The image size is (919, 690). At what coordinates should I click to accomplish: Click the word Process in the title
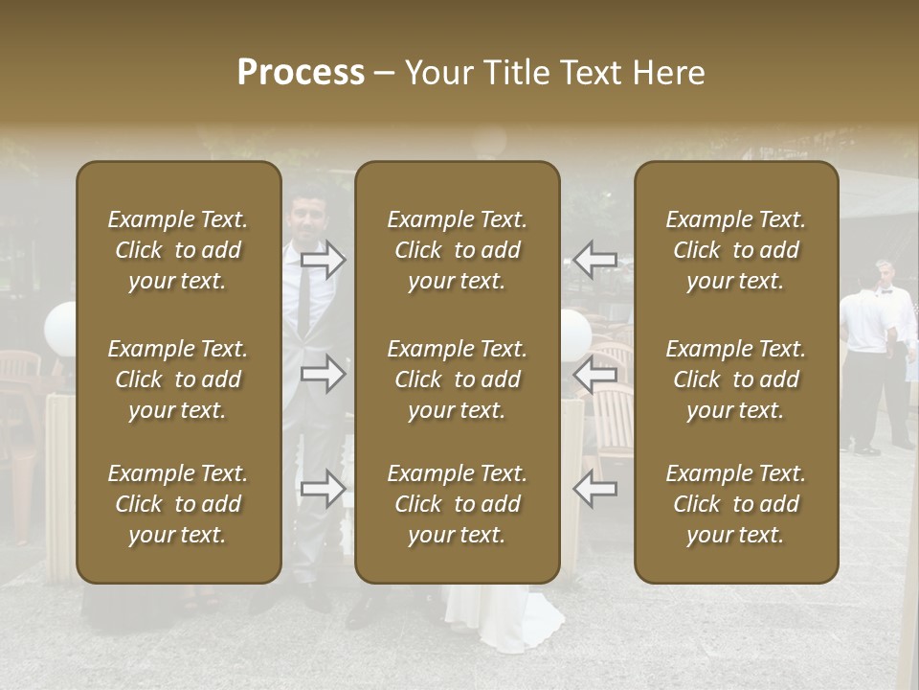tap(301, 73)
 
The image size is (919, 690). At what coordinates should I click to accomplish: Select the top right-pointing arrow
tap(324, 259)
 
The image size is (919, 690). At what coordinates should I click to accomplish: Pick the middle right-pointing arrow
tap(324, 374)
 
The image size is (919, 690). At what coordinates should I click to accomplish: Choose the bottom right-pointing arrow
tap(324, 489)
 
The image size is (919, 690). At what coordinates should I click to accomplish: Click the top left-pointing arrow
tap(594, 259)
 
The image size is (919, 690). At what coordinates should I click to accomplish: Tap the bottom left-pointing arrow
tap(594, 489)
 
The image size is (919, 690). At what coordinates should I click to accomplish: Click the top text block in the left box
tap(178, 250)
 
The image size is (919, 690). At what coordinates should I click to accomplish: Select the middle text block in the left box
tap(178, 379)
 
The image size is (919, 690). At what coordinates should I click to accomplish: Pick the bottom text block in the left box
tap(178, 504)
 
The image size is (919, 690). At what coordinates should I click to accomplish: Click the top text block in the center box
tap(457, 250)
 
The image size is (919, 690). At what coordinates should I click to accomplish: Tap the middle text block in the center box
tap(457, 379)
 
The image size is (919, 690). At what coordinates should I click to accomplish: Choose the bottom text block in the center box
tap(457, 504)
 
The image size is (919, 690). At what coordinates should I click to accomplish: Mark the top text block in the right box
tap(736, 250)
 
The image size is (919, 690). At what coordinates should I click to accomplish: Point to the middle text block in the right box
tap(736, 379)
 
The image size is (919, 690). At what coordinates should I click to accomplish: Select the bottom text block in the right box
tap(736, 504)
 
